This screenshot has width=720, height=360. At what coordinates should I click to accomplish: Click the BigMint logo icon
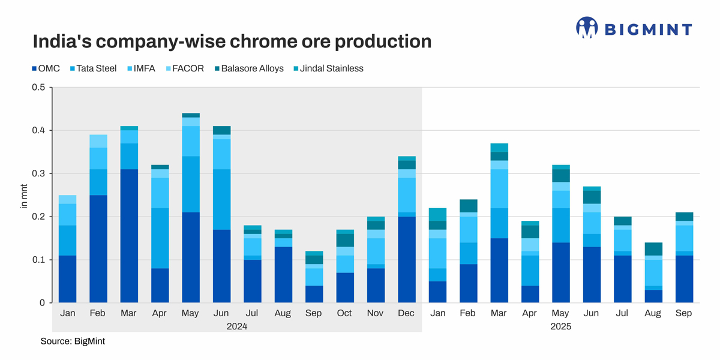coord(587,28)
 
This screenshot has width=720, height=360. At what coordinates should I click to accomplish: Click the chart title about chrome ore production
coord(232,41)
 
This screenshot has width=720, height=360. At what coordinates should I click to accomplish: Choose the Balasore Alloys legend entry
coord(247,68)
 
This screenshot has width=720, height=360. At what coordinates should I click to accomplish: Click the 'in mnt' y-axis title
coord(25,196)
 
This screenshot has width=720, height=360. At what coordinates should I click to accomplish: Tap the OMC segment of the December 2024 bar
coord(407,259)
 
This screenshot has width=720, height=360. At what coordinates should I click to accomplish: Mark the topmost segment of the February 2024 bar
coord(98,141)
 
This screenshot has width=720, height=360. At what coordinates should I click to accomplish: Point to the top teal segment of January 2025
coord(438,214)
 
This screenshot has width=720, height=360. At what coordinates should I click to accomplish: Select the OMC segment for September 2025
coord(683,279)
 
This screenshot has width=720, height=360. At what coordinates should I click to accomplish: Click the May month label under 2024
coord(191,314)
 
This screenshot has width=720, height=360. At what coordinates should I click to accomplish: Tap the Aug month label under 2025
coord(653,314)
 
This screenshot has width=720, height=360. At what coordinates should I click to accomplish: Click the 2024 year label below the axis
coord(237,326)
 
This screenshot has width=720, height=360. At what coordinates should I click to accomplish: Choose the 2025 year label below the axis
coord(561,326)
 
